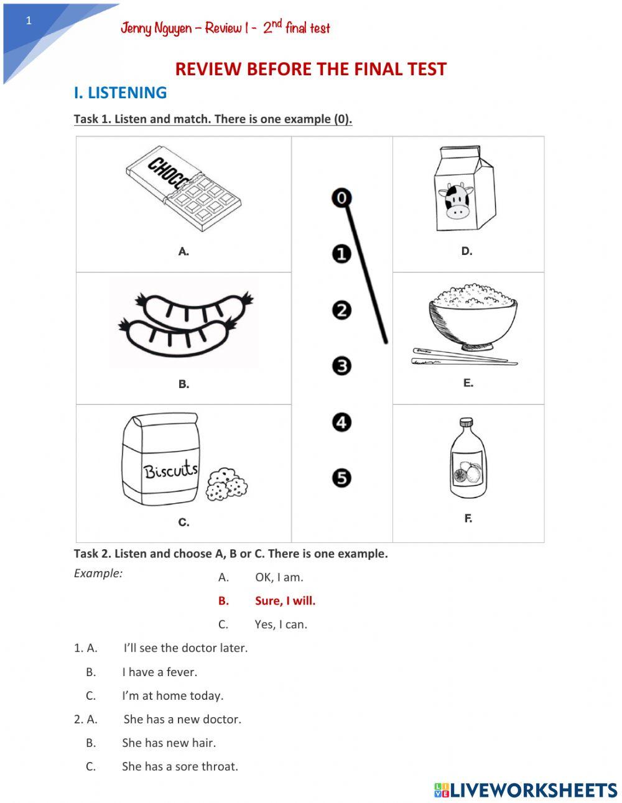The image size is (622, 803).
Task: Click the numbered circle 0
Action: (341, 198)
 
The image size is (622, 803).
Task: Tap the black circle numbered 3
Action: (341, 366)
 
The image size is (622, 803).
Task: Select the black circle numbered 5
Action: (341, 478)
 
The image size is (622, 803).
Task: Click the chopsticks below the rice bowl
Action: (463, 357)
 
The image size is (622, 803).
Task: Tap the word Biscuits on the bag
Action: (170, 470)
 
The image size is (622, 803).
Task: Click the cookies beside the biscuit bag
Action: (226, 485)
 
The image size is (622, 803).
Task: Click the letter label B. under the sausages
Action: (183, 384)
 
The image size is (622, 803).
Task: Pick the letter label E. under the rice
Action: (468, 383)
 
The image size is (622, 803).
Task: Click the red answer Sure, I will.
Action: (285, 601)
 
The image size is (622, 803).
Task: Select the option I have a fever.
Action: (159, 672)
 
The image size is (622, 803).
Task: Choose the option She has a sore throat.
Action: (180, 766)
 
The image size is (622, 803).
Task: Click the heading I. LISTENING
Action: (120, 93)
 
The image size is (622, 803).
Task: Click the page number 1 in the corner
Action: (29, 21)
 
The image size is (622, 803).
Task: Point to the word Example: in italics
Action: (98, 573)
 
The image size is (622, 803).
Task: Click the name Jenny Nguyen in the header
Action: (156, 28)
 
